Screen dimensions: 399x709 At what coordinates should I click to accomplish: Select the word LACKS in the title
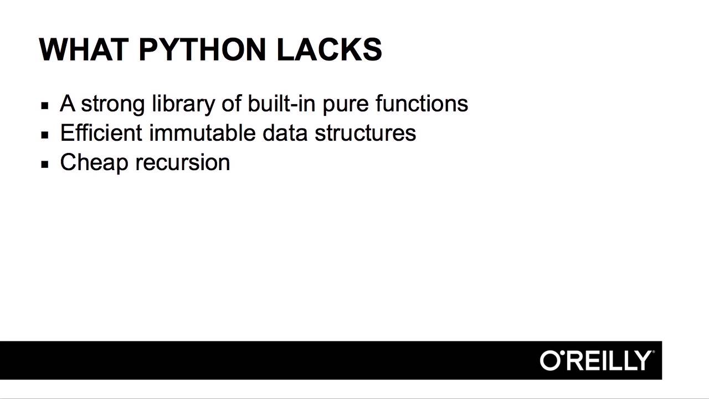(x=329, y=49)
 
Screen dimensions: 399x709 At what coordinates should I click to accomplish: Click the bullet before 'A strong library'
(x=45, y=105)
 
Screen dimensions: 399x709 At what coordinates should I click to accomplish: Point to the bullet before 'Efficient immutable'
(x=45, y=134)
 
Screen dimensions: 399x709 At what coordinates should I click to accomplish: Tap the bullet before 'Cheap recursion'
(x=45, y=163)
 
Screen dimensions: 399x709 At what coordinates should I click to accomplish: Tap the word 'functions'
(x=422, y=104)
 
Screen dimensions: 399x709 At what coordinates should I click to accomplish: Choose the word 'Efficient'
(x=101, y=133)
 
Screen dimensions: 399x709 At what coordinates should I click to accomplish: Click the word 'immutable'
(x=202, y=133)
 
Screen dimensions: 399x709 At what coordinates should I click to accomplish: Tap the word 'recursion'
(x=182, y=162)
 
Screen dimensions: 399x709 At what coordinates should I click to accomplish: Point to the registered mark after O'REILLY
(x=654, y=352)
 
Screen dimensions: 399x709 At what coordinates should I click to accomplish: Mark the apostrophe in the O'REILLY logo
(x=564, y=353)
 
